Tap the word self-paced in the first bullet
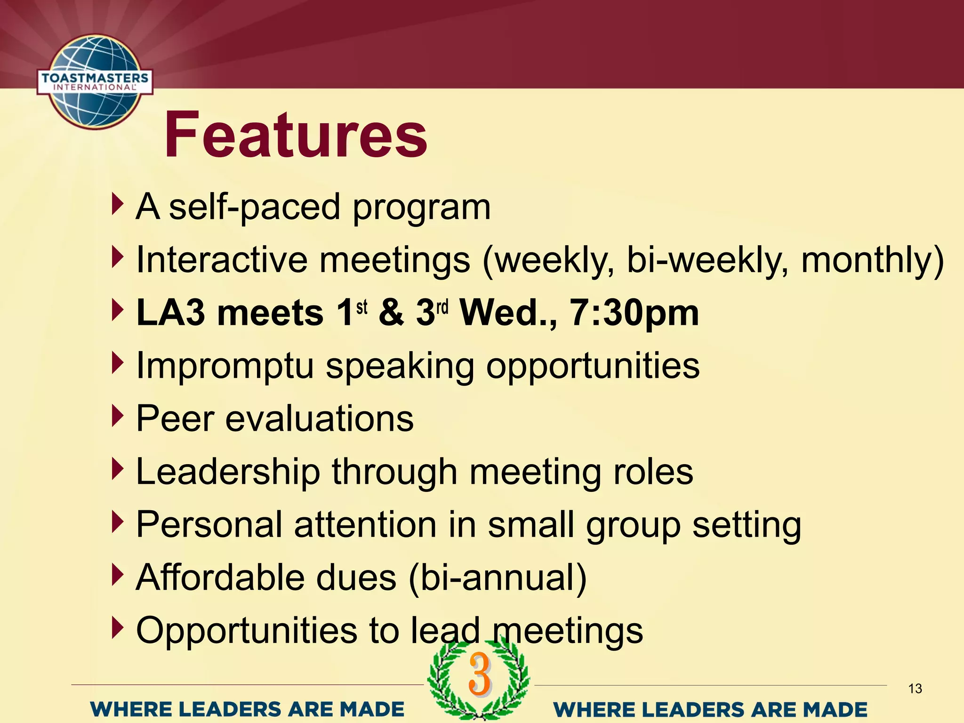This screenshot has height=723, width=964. pos(254,207)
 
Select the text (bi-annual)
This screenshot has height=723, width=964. pos(498,578)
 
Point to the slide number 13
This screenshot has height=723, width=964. pos(915,689)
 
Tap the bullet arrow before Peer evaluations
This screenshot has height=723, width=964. pos(117,416)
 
